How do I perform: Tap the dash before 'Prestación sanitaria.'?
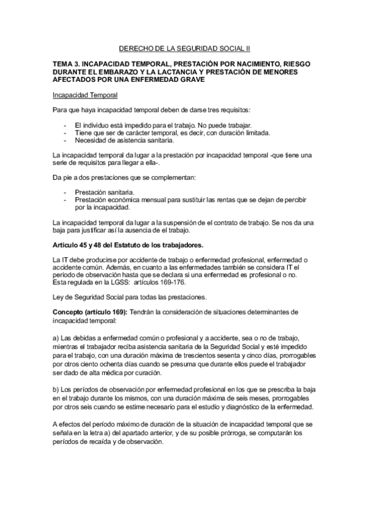65,193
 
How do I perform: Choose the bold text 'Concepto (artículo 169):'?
89,312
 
